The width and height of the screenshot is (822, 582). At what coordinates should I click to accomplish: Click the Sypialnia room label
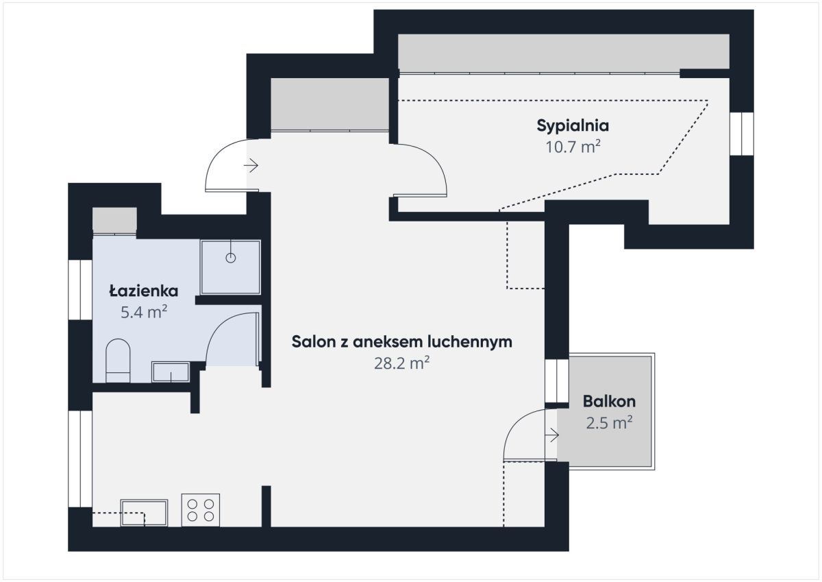[x=573, y=126]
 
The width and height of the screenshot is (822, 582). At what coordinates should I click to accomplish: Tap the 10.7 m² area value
[x=573, y=147]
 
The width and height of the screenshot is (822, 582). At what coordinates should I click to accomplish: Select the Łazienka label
[x=144, y=291]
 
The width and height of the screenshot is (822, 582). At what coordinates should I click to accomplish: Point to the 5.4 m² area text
[x=144, y=312]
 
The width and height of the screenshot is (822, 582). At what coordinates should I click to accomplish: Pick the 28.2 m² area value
[x=402, y=363]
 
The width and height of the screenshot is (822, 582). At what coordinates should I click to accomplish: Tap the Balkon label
[x=609, y=401]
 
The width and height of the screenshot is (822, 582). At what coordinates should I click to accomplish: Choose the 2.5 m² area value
[x=609, y=423]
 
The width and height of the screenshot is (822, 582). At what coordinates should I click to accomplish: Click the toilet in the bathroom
[x=118, y=361]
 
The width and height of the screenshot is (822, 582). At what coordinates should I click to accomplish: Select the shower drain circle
[x=230, y=258]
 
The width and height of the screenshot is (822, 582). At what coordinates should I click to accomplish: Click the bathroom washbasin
[x=171, y=372]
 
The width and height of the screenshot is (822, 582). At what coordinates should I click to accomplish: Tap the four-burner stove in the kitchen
[x=201, y=510]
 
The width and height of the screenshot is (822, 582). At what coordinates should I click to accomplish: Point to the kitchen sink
[x=145, y=513]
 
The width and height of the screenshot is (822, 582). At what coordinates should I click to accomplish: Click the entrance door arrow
[x=251, y=166]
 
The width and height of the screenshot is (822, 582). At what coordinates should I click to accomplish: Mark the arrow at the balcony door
[x=552, y=435]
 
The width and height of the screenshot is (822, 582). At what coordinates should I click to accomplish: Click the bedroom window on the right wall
[x=742, y=134]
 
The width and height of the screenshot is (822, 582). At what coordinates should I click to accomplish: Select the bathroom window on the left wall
[x=80, y=290]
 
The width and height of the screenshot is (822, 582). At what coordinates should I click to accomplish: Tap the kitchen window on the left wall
[x=80, y=459]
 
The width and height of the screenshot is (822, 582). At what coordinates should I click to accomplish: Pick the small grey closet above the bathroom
[x=114, y=220]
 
